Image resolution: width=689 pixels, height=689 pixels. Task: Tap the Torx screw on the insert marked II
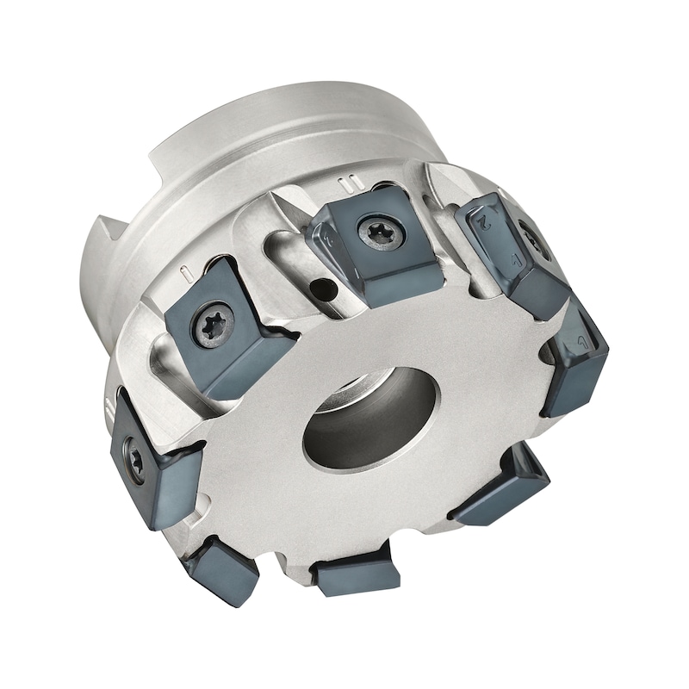click(376, 233)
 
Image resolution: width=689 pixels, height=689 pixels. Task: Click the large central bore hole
click(370, 419)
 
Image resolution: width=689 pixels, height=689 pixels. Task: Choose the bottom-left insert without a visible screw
click(220, 568)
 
